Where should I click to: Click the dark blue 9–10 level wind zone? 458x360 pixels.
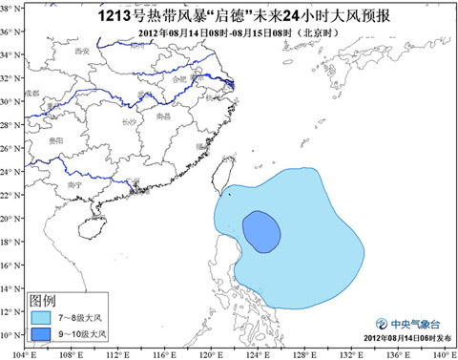coord(260,231)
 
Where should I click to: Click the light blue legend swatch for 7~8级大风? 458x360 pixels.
coord(41,314)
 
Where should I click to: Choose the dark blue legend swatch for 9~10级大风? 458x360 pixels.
coord(41,333)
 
